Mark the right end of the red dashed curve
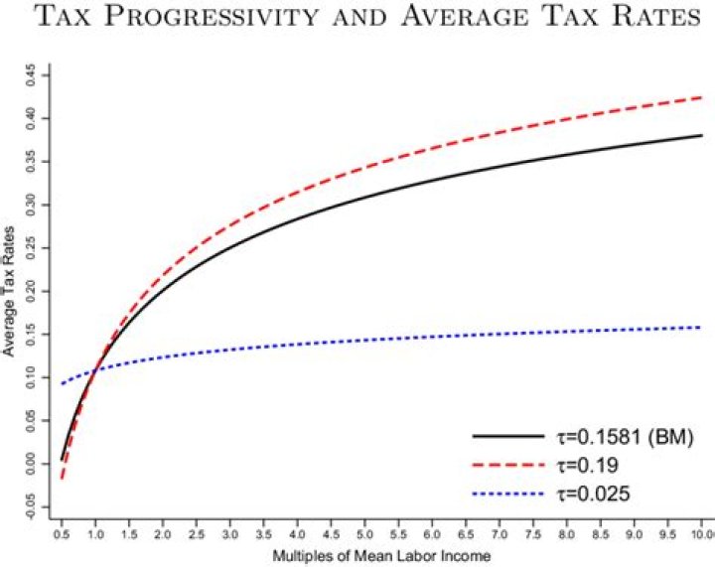click(702, 97)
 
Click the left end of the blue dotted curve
click(62, 383)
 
